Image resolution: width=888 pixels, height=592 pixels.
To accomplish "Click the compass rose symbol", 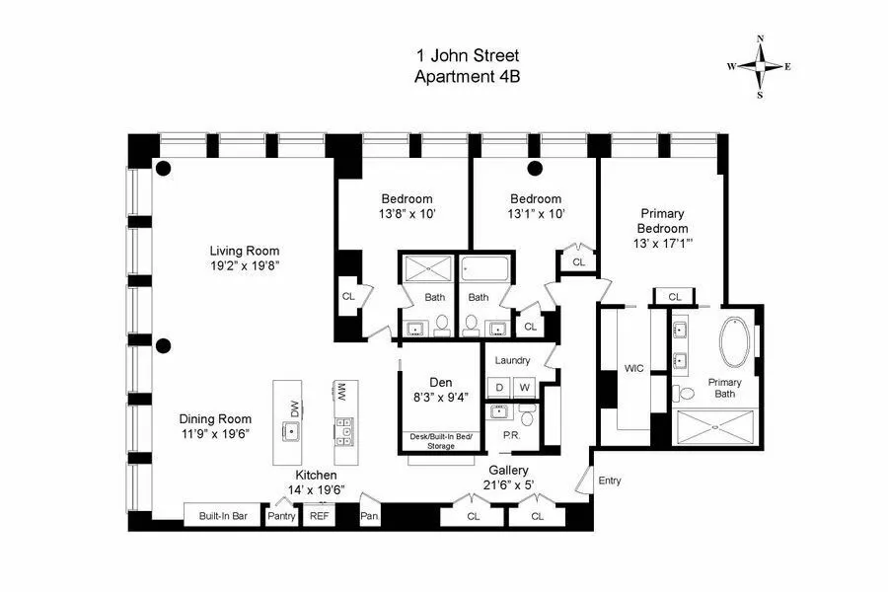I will [760, 66].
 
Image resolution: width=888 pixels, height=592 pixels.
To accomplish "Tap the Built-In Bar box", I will [222, 515].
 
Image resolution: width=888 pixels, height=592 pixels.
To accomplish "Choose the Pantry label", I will [282, 516].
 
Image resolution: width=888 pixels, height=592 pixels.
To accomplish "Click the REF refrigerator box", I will [320, 516].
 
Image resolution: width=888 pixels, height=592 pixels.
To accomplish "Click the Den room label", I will [439, 382].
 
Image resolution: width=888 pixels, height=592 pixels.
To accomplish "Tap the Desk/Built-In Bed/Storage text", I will [440, 441].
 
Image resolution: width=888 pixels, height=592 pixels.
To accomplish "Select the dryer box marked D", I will [499, 387].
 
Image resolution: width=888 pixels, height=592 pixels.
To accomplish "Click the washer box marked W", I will [524, 387].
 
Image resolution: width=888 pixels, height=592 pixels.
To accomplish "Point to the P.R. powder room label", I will [511, 435].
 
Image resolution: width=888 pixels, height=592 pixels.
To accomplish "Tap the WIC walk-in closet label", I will [633, 368].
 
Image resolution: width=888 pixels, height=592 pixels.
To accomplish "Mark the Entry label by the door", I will [610, 481].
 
